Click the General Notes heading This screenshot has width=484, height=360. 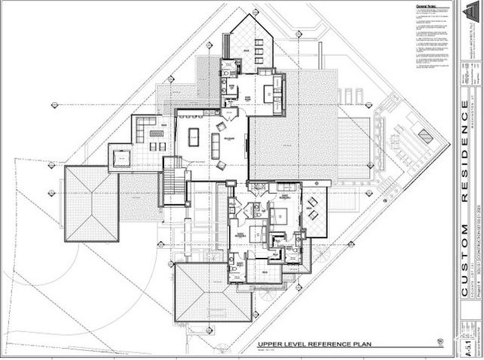[428, 7]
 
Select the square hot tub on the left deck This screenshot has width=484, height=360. [121, 158]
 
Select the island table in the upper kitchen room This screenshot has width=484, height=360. [269, 94]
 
